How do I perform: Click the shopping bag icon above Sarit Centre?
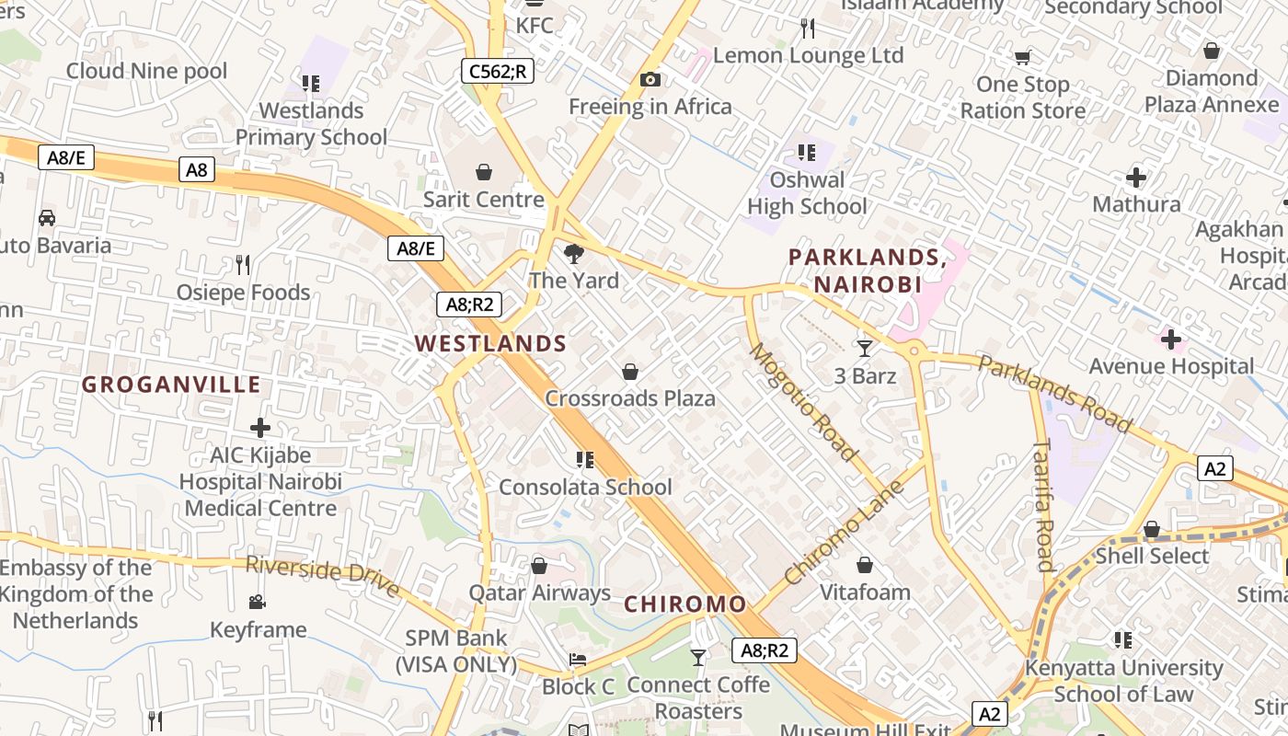click(484, 172)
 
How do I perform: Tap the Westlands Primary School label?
click(311, 124)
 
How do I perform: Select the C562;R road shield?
click(498, 70)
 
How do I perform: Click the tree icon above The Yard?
click(574, 253)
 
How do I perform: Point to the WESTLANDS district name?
click(490, 344)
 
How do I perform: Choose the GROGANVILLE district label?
click(171, 385)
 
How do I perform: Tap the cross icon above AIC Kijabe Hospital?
click(260, 428)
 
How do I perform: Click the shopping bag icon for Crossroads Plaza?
click(630, 372)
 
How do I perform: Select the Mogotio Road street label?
click(802, 402)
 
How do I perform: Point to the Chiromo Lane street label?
click(844, 532)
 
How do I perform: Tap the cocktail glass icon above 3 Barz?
click(864, 348)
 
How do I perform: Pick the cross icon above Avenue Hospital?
click(1170, 340)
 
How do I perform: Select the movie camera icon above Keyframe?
click(258, 602)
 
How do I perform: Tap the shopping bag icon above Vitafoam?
click(865, 565)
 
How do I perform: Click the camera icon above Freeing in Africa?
click(650, 80)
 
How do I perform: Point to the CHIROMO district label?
click(685, 604)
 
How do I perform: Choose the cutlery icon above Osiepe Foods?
click(243, 265)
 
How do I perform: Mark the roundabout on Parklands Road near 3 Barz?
click(914, 350)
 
